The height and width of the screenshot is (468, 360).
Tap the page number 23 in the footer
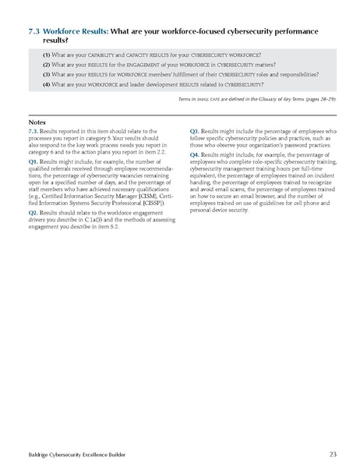(x=334, y=452)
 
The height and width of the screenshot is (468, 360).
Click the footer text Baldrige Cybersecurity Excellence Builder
(x=70, y=452)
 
